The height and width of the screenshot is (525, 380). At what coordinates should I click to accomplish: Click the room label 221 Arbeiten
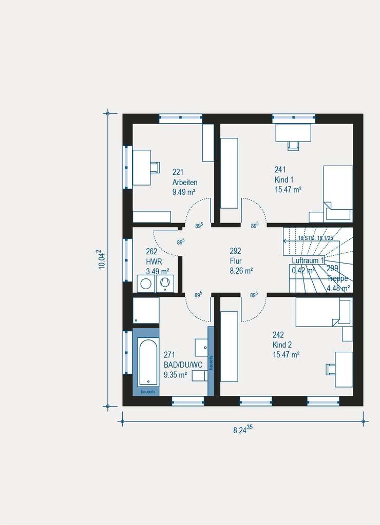[x=184, y=182]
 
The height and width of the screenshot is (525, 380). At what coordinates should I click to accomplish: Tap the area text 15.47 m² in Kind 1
[x=288, y=189]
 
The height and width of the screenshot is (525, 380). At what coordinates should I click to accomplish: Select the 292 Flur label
[x=236, y=260]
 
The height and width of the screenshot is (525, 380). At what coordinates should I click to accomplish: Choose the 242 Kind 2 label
[x=286, y=344]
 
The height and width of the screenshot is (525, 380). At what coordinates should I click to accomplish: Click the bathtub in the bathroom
[x=148, y=362]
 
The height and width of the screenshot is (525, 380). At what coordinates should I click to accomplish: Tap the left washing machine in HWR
[x=146, y=284]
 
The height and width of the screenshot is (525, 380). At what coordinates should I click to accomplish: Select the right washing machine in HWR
[x=165, y=283]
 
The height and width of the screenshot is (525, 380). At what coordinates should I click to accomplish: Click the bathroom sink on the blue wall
[x=201, y=348]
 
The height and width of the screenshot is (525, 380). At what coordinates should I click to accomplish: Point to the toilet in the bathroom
[x=199, y=376]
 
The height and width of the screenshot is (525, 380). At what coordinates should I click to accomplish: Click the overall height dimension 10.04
[x=101, y=259]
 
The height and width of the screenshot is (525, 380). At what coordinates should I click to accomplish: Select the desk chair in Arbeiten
[x=155, y=167]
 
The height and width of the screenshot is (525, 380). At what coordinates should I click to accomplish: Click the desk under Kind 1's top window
[x=293, y=132]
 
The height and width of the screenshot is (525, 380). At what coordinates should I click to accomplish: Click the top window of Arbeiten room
[x=180, y=118]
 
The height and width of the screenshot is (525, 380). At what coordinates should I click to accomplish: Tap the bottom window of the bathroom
[x=187, y=400]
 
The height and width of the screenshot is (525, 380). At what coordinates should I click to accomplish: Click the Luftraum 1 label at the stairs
[x=308, y=260]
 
